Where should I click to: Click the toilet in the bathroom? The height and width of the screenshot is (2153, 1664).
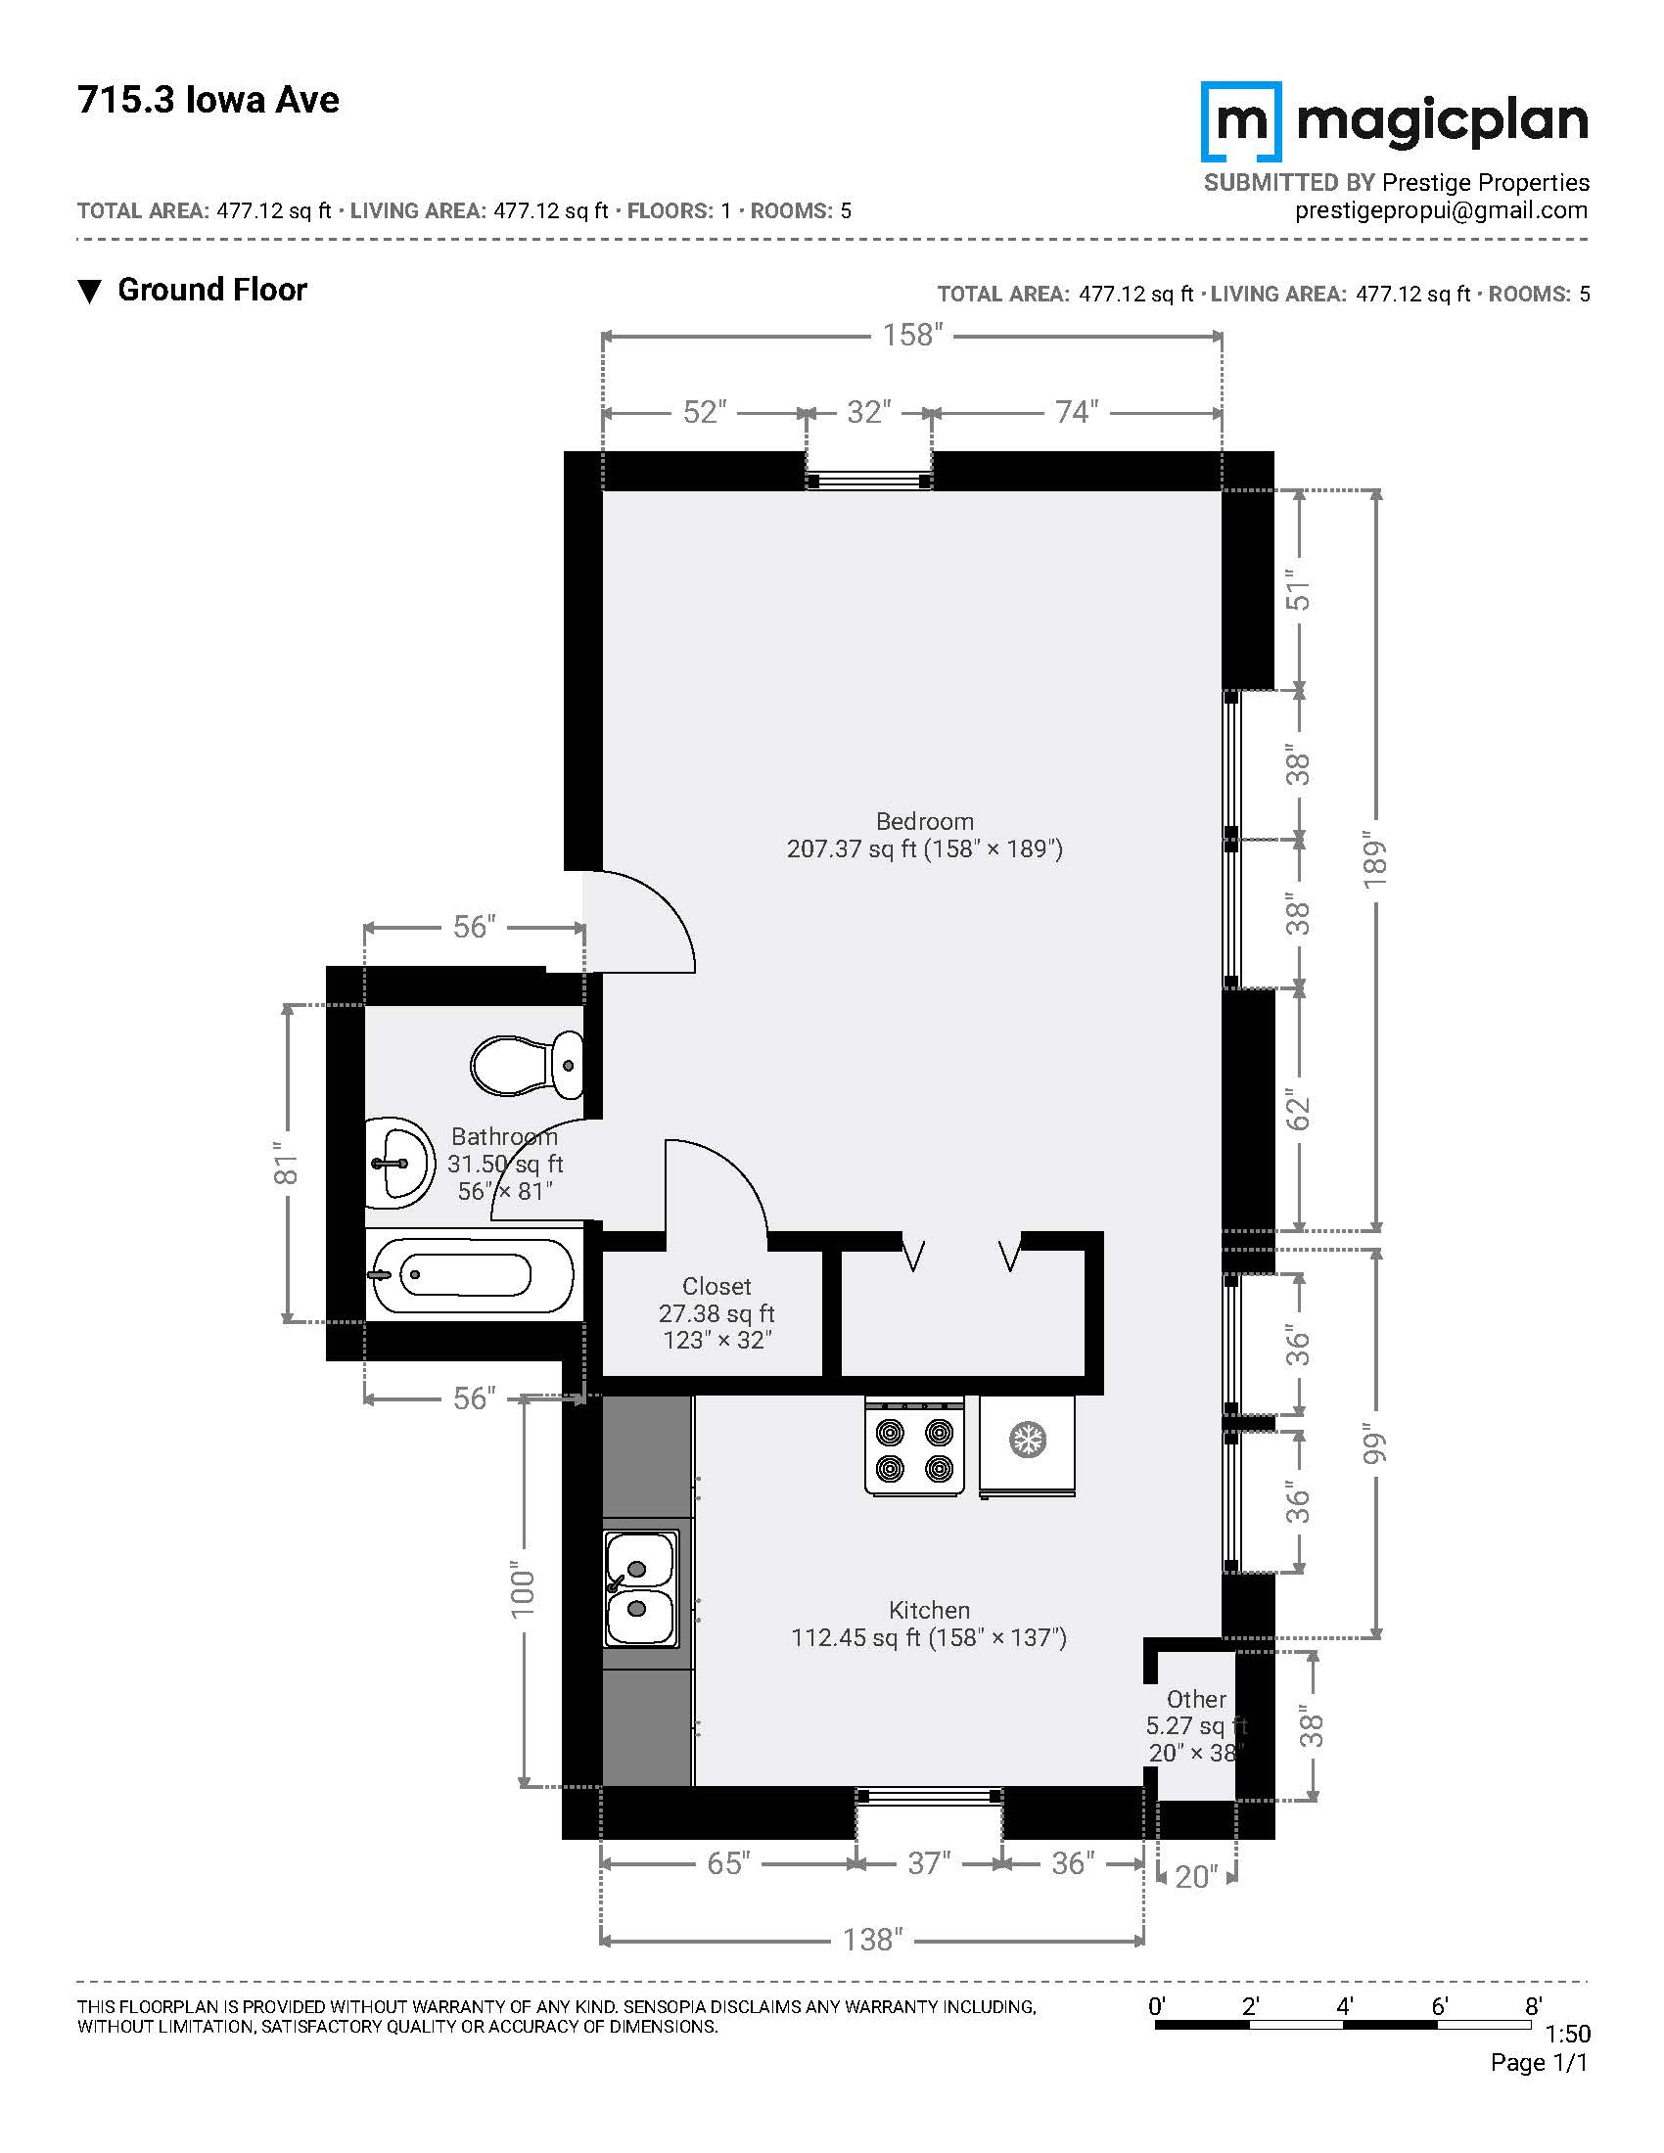pyautogui.click(x=527, y=1066)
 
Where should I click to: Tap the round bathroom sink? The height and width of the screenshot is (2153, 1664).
pyautogui.click(x=399, y=1164)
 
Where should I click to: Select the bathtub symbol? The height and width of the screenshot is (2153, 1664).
pyautogui.click(x=469, y=1274)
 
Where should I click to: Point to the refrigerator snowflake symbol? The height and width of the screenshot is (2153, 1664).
pyautogui.click(x=1027, y=1441)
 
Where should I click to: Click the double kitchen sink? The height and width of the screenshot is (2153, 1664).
pyautogui.click(x=641, y=1589)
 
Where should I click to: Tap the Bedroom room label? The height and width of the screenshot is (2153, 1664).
pyautogui.click(x=925, y=821)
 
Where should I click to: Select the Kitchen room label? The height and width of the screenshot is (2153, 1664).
pyautogui.click(x=930, y=1610)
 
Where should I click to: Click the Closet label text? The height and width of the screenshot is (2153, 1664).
pyautogui.click(x=716, y=1287)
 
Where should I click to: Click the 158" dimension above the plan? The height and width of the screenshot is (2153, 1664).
pyautogui.click(x=913, y=335)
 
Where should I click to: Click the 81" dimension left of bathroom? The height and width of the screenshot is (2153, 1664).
pyautogui.click(x=286, y=1164)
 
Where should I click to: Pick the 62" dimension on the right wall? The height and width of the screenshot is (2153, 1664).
pyautogui.click(x=1299, y=1111)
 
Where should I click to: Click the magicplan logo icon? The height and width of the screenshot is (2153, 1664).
pyautogui.click(x=1241, y=121)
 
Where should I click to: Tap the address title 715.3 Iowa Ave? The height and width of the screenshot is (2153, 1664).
pyautogui.click(x=208, y=101)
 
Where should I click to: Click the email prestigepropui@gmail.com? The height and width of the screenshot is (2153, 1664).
pyautogui.click(x=1441, y=210)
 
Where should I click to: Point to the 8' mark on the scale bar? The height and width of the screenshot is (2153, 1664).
pyautogui.click(x=1533, y=2005)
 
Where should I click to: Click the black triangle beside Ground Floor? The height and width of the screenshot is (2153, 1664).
pyautogui.click(x=90, y=292)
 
